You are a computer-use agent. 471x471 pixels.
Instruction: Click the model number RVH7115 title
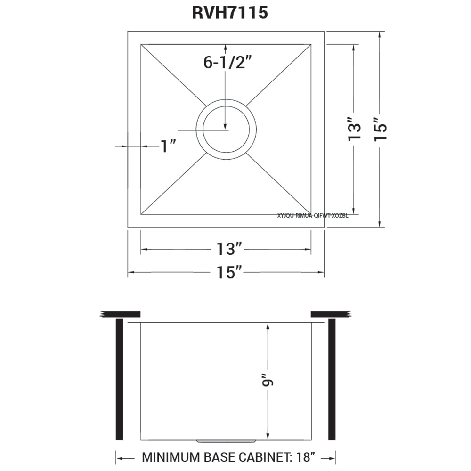(230, 13)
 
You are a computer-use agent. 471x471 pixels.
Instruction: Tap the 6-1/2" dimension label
(226, 62)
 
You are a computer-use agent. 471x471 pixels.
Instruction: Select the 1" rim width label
(168, 146)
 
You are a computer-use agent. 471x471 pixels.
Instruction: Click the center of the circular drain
(226, 130)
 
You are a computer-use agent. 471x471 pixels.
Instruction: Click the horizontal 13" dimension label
(229, 248)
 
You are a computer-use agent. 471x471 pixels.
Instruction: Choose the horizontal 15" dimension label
(229, 272)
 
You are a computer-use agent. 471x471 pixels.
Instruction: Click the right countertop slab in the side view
(330, 314)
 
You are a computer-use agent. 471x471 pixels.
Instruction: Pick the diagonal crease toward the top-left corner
(173, 74)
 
